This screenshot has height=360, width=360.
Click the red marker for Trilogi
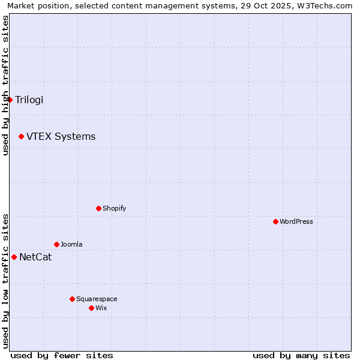coord(10,100)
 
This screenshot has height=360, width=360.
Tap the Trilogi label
coord(29,100)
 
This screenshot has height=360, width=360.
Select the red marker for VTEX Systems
coord(21,137)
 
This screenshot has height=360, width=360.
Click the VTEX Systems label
coord(61,137)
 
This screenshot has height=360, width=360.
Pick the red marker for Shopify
coord(98,208)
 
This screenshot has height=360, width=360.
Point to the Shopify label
coord(114,208)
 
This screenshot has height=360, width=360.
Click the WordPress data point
coord(275,221)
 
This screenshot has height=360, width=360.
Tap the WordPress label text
coord(296,221)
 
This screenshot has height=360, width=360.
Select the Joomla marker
coord(56,244)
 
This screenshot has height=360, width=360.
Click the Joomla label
coord(71,244)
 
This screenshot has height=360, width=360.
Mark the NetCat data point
coord(14,257)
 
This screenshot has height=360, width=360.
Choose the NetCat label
coord(35,257)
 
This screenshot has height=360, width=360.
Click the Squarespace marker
coord(72,299)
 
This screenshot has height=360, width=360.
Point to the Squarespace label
coord(97,299)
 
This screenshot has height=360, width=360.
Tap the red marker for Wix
coord(91,308)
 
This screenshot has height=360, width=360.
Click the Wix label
coord(101,308)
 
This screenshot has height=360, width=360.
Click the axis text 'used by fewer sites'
coord(62,355)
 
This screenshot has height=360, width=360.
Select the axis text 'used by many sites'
coord(301,355)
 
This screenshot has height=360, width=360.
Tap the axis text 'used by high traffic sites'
coord(5,85)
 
